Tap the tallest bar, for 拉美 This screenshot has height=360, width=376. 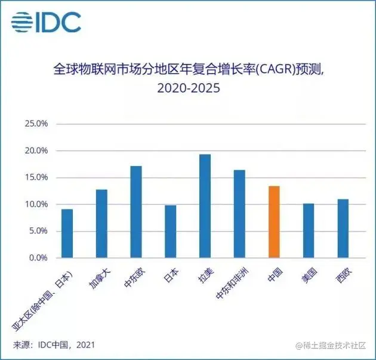point(205,206)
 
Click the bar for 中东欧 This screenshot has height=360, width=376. point(136,212)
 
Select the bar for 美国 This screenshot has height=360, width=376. point(308,231)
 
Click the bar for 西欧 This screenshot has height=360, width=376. point(343,229)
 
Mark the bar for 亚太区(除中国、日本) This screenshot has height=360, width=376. point(67,233)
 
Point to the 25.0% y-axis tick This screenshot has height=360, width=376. point(36,124)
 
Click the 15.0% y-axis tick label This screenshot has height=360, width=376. point(36,177)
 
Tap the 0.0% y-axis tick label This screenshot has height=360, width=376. point(38,258)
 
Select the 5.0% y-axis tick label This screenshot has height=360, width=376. point(38,231)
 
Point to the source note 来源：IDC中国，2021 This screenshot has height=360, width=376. point(54,345)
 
